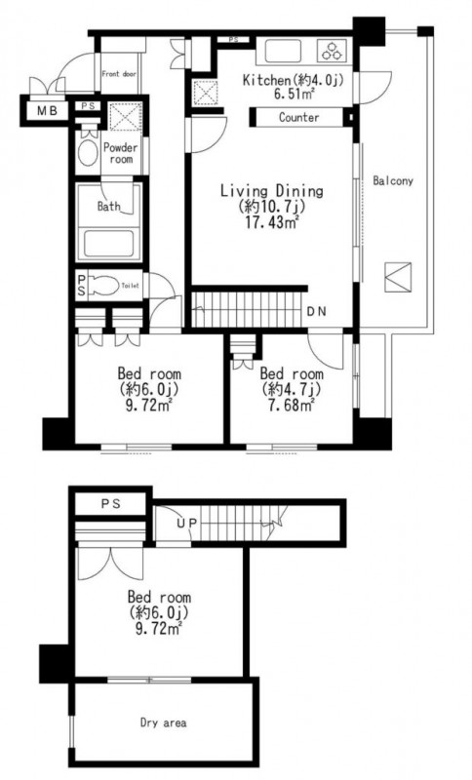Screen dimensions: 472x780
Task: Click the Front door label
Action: click(119, 74)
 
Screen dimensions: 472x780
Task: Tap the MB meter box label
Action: click(47, 111)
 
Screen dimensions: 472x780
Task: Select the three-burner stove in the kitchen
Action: click(331, 52)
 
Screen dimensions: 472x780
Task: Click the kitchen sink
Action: click(283, 52)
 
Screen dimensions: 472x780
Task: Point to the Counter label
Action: click(298, 117)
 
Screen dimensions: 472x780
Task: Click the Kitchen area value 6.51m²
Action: click(294, 94)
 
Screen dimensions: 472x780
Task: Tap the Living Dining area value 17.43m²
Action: click(271, 222)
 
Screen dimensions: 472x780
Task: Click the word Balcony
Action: click(393, 180)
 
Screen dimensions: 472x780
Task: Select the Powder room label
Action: click(120, 153)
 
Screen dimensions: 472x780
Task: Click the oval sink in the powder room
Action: click(89, 152)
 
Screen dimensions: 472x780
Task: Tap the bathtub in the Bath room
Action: click(108, 244)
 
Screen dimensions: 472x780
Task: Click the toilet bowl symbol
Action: click(105, 286)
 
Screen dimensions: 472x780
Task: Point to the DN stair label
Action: click(316, 312)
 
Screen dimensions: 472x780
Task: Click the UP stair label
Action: click(186, 523)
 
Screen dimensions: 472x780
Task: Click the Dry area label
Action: click(163, 722)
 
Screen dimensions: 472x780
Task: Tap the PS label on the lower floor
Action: click(111, 504)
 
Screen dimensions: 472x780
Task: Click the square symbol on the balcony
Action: click(398, 277)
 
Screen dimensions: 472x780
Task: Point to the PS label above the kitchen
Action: click(233, 39)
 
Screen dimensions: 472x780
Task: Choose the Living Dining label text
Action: click(271, 190)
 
